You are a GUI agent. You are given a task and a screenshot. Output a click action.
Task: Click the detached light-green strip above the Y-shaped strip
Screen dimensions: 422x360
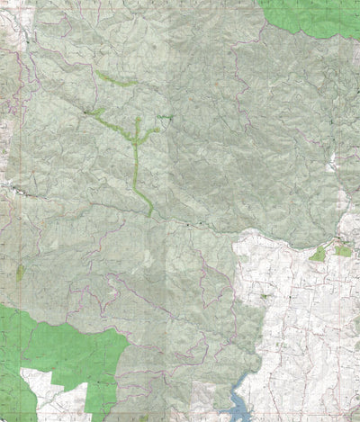tap(115, 80)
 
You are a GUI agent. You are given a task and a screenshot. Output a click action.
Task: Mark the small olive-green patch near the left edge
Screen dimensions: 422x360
tap(20, 271)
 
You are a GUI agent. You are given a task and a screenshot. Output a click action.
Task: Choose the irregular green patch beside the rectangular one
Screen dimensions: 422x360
tap(317, 255)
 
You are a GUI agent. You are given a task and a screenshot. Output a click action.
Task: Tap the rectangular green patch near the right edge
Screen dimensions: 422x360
tap(343, 251)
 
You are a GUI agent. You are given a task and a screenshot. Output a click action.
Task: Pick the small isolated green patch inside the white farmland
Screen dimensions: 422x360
tap(265, 296)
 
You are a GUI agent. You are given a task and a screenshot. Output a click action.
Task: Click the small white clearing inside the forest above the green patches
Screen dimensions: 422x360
tap(333, 162)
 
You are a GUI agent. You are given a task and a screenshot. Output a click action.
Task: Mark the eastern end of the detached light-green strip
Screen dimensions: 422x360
tap(135, 84)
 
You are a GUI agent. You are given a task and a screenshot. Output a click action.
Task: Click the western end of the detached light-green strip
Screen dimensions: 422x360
tap(97, 73)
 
